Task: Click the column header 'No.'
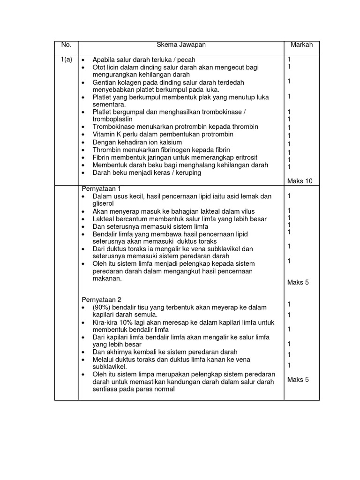coord(66,45)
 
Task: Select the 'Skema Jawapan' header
coord(181,45)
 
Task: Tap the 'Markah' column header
coord(301,45)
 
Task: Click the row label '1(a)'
coord(66,60)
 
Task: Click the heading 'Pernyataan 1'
coord(102,188)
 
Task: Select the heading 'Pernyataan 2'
coord(102,300)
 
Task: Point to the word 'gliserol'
coord(103,203)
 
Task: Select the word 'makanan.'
coord(107,278)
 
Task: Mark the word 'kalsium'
coord(170,142)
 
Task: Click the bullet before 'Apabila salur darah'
coord(83,60)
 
